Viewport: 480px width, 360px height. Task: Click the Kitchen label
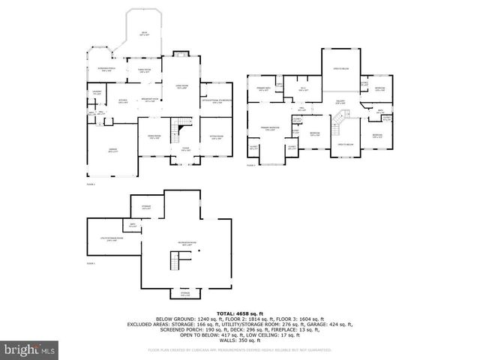tap(123, 100)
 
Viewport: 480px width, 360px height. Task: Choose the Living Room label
tap(181, 87)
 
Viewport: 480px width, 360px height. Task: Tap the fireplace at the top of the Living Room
tap(180, 53)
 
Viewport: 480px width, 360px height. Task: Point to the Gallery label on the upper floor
tap(340, 102)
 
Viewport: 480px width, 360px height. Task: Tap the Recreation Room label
tap(188, 244)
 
